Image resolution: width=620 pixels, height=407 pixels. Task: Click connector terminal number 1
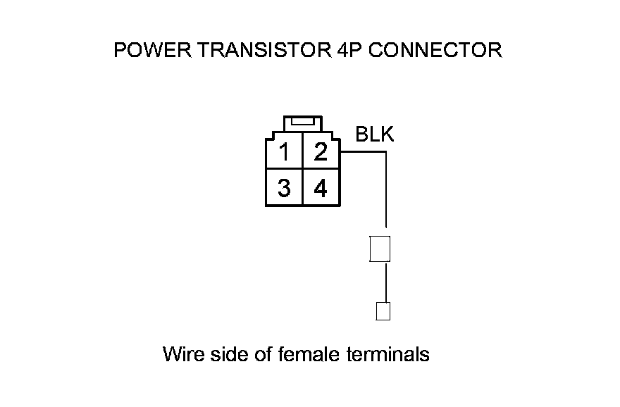click(x=284, y=152)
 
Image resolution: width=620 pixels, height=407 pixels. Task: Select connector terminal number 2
click(x=321, y=152)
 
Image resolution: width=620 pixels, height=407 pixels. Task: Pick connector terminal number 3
click(x=284, y=189)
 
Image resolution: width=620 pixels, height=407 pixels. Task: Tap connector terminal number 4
click(x=321, y=189)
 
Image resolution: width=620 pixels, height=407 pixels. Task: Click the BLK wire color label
click(x=375, y=134)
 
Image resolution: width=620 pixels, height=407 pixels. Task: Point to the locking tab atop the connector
click(x=302, y=122)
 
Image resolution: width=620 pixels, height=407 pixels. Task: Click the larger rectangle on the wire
click(x=380, y=249)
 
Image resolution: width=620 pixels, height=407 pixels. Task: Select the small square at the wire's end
click(x=383, y=311)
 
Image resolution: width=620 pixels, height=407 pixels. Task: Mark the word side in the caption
click(x=223, y=353)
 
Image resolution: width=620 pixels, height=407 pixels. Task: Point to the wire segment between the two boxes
click(x=385, y=282)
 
